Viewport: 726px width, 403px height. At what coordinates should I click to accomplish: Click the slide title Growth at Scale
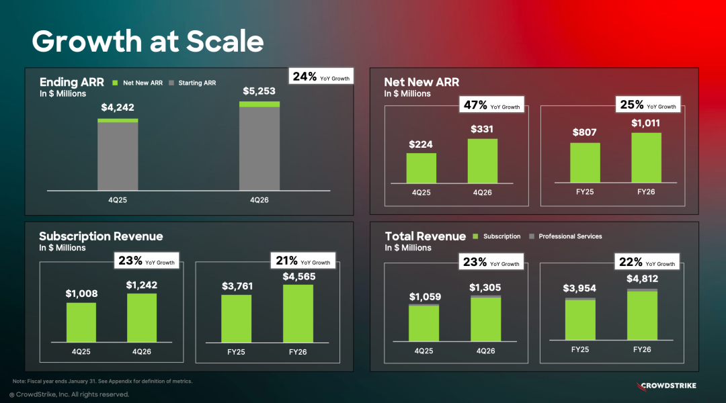(147, 42)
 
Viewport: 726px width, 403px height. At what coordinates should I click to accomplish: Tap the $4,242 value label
(118, 107)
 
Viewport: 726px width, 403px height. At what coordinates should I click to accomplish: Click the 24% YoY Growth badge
(321, 77)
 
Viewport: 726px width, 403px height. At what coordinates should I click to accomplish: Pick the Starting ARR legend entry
(193, 83)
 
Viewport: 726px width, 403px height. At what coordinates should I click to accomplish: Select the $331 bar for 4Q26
(482, 161)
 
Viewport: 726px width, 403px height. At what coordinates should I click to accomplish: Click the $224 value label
(421, 144)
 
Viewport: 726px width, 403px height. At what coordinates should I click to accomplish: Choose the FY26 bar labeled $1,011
(646, 157)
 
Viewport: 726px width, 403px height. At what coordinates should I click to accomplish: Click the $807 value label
(585, 132)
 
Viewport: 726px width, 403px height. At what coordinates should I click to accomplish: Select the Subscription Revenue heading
(101, 236)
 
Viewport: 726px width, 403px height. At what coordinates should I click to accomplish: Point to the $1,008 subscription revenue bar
(81, 322)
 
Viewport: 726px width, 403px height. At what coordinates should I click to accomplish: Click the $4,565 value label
(298, 277)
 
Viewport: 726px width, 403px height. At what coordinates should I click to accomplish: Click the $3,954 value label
(579, 289)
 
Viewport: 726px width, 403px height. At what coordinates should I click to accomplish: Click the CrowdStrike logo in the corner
(666, 386)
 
